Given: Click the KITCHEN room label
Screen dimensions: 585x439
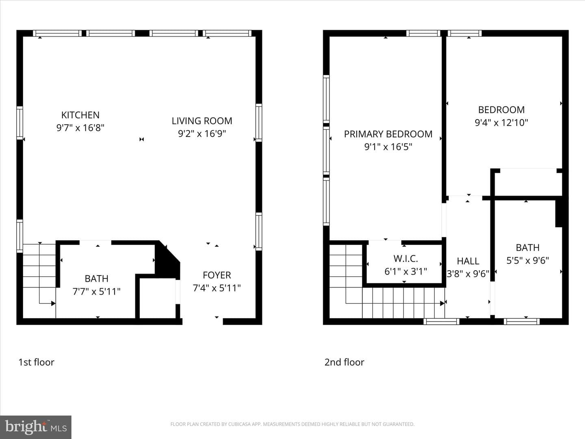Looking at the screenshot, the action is coord(80,115).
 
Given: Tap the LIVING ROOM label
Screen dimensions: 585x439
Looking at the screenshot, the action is coord(202,121).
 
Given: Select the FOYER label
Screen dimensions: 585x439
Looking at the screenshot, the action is coord(217,275).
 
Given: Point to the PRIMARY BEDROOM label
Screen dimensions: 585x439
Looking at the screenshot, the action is coord(388,134).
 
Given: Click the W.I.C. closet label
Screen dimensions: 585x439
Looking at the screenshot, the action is coord(405,259).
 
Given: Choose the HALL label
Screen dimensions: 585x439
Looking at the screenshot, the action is coord(468,261).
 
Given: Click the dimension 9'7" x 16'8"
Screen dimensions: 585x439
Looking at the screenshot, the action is coord(80,128).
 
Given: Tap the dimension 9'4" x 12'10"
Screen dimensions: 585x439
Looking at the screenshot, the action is coord(501,123).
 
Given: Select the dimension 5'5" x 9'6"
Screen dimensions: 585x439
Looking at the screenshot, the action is coord(528,261).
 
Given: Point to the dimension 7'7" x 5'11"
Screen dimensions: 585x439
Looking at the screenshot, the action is coord(96,291).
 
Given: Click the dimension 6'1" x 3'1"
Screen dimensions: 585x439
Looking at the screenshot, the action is coord(405,272).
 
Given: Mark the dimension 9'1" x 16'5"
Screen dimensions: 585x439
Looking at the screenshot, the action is coord(388,147).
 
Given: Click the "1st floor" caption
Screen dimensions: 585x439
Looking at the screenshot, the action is coord(36,362).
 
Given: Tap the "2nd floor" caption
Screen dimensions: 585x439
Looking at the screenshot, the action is coord(344,362).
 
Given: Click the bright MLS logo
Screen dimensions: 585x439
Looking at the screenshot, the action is coord(36,427).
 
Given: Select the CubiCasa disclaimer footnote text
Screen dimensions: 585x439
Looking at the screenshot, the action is coord(292,424).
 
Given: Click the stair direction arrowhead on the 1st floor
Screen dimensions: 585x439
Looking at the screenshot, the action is coord(53,303).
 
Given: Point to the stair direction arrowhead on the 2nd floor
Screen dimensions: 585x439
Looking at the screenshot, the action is coord(442,303).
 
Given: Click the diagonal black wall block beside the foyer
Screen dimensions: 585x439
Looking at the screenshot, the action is coord(167,260).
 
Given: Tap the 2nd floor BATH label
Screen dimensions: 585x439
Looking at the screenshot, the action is coord(528,248).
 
